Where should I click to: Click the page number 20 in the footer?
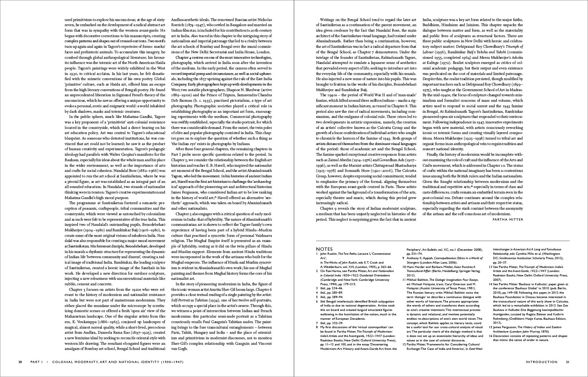click(20, 362)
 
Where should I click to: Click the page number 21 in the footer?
click(567, 362)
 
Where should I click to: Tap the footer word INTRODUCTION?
click(541, 362)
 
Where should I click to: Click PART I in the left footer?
click(37, 362)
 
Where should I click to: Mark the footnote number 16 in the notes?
click(491, 335)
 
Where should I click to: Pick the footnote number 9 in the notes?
click(403, 258)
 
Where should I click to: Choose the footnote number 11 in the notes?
click(404, 279)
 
